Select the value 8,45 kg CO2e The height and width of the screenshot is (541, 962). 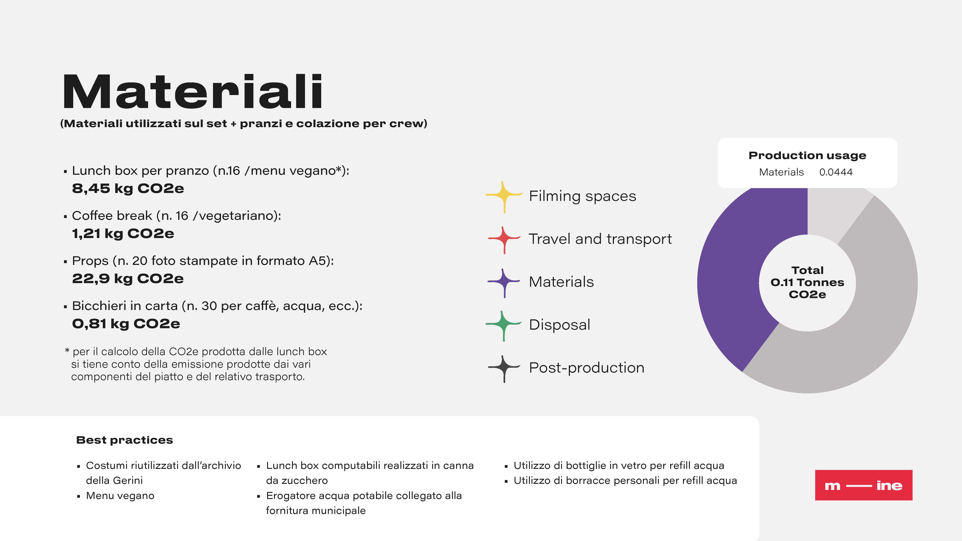click(128, 189)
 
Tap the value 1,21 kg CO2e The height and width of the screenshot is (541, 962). click(123, 234)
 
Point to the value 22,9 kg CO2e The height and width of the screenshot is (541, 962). click(128, 279)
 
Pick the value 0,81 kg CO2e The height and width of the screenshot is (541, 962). click(126, 324)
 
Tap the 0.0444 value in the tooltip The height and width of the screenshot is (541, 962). click(836, 172)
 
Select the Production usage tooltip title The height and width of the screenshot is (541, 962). click(807, 155)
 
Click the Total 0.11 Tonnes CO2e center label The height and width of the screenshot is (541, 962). click(807, 282)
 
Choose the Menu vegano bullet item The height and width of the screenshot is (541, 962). click(120, 496)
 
